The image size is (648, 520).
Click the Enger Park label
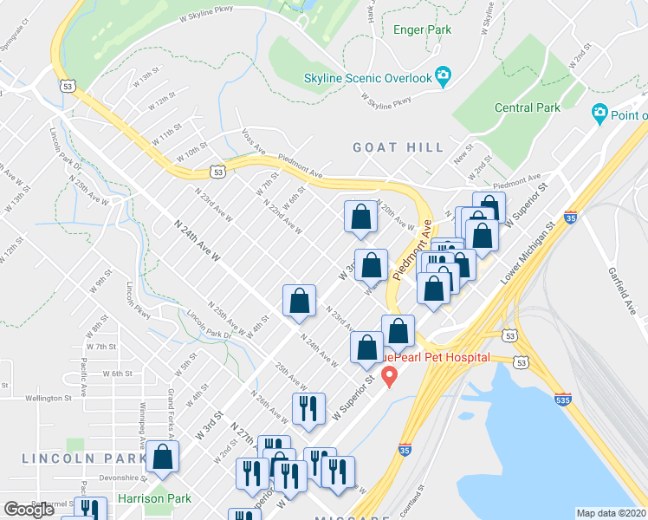(x=422, y=29)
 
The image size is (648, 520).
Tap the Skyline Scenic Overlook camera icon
(x=444, y=78)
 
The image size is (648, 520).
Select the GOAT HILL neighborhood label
(x=399, y=148)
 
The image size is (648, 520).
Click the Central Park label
(x=527, y=108)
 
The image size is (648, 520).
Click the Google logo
(x=29, y=510)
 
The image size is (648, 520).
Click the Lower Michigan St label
(x=527, y=256)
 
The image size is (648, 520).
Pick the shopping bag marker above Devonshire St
(x=162, y=457)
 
